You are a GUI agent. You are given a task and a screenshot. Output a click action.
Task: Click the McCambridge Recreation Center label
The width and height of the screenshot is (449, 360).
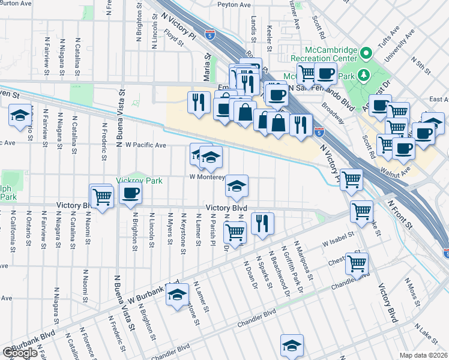click(324, 53)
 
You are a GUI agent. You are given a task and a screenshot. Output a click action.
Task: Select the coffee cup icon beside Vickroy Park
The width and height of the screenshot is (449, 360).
click(130, 193)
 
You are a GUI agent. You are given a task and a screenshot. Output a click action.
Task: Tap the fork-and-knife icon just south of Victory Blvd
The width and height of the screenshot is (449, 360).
click(262, 223)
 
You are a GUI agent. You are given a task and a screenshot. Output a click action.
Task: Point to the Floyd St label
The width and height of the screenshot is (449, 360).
click(174, 40)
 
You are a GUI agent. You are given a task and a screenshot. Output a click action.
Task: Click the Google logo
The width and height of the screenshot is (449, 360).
click(19, 353)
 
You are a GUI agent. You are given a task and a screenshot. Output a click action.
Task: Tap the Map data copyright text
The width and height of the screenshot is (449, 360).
click(424, 355)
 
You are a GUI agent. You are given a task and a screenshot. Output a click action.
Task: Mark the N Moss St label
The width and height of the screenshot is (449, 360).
click(414, 290)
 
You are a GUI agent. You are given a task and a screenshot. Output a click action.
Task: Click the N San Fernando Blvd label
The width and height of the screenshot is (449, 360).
click(321, 88)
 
